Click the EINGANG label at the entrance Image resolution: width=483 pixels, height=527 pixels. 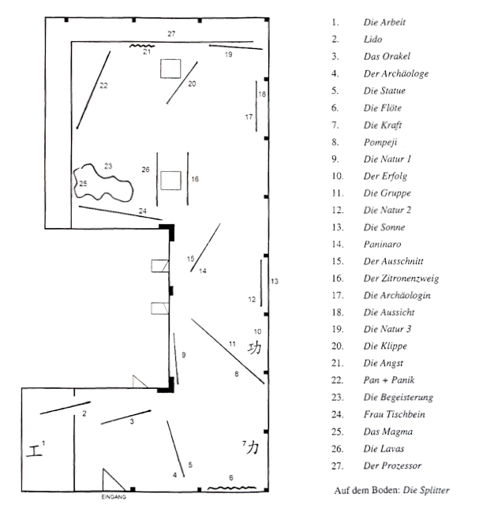coord(114,497)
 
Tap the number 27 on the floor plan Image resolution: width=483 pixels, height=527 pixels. coord(171,34)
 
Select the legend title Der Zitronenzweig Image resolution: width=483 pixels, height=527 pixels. coord(401,278)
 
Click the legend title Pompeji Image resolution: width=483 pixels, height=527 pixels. coord(380,142)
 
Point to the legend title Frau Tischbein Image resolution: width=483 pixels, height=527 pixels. coord(394,414)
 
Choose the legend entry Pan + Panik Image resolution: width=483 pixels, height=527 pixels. coord(389,379)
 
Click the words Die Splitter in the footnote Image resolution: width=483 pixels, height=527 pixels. coord(426,490)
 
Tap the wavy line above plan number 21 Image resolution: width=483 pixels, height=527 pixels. coord(142,46)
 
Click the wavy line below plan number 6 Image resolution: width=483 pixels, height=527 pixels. coord(232,488)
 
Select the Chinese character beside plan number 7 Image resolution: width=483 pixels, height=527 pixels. coord(253,447)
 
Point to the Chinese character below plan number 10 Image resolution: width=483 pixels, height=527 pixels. coord(254,348)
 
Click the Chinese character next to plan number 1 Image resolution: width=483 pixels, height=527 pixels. coord(34,450)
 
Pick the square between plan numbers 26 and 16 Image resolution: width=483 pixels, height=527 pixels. coord(170,181)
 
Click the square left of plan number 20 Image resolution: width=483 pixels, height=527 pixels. coord(170,69)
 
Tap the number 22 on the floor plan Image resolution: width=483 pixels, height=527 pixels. coord(103,85)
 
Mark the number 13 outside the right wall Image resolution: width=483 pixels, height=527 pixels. coord(275,282)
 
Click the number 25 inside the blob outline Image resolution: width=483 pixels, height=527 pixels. coord(83,184)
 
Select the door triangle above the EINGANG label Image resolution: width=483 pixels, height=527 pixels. coord(114,480)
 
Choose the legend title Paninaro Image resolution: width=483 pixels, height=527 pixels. coord(382,244)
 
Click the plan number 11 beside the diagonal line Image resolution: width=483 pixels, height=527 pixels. coord(232,344)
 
